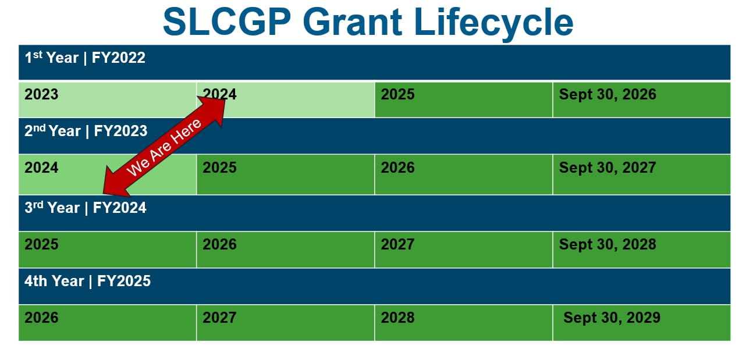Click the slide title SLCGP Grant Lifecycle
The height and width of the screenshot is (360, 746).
pos(368,22)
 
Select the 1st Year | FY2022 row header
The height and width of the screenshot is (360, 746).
pos(85,58)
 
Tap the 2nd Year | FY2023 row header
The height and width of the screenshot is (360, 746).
pos(86,131)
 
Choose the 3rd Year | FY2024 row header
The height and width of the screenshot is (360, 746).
pos(86,208)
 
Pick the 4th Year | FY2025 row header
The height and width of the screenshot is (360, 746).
pos(87,281)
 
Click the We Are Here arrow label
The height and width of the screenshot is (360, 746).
pos(164,147)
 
